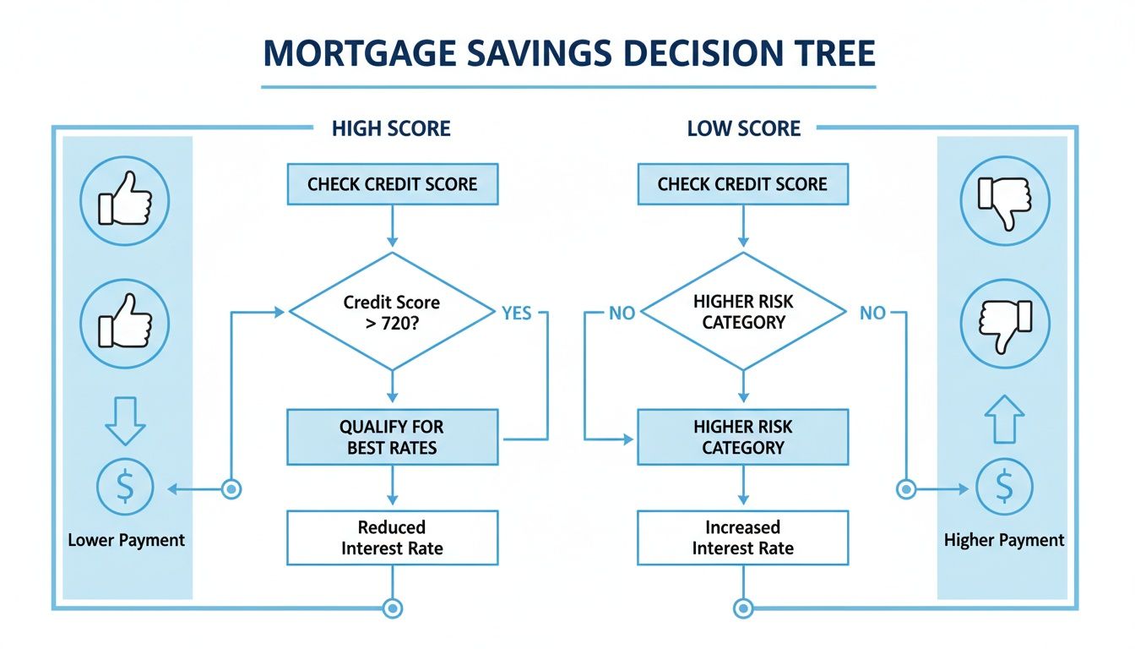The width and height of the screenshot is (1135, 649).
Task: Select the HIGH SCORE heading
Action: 391,128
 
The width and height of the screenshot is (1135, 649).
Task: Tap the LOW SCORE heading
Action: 743,128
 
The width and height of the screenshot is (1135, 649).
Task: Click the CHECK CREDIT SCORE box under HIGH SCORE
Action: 392,184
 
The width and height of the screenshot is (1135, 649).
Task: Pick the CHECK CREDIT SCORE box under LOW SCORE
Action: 742,184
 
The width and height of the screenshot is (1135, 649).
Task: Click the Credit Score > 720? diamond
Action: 392,311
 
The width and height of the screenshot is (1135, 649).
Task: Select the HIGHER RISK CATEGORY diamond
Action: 743,311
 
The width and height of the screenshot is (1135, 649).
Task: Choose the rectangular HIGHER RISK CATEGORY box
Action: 743,437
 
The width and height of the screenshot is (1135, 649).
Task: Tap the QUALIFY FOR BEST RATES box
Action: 392,437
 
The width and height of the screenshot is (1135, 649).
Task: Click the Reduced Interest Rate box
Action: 392,537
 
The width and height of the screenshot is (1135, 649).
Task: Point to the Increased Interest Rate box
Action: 743,537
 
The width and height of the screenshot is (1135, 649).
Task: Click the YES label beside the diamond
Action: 516,314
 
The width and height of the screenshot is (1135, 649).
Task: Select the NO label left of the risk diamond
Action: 622,314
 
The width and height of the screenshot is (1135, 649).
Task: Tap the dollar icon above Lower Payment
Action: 125,488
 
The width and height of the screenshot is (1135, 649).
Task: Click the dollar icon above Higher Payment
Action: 1003,488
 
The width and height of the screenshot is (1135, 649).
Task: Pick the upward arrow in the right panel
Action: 1004,419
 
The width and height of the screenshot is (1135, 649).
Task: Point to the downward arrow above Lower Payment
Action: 125,419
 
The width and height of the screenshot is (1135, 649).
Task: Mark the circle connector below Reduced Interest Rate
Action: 392,607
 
